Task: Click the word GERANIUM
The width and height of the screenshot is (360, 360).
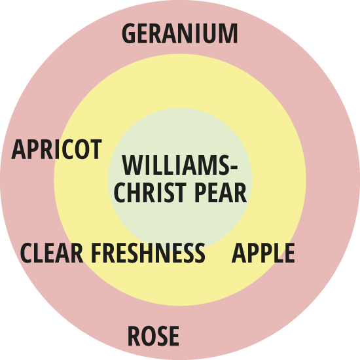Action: coord(180,33)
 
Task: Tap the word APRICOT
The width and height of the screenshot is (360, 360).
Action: coord(56,149)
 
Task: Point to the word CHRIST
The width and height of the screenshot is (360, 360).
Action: coord(150,192)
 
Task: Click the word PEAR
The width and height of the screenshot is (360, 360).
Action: coord(221,192)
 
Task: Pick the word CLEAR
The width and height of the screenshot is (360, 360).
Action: coord(52,253)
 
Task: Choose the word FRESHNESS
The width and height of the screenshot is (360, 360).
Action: coord(149,253)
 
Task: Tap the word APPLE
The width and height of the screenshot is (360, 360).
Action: coord(263,253)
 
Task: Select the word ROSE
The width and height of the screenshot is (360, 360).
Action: coord(153,336)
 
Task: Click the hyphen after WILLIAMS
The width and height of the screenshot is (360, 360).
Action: coord(233,168)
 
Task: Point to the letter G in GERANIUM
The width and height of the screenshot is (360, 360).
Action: coord(128,33)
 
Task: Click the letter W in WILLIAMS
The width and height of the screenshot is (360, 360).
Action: coord(133,165)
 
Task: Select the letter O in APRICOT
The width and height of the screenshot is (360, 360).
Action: coord(81,149)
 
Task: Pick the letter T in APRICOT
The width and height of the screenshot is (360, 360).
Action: coord(96,149)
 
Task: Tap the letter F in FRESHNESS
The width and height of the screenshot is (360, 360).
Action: coord(97,253)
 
